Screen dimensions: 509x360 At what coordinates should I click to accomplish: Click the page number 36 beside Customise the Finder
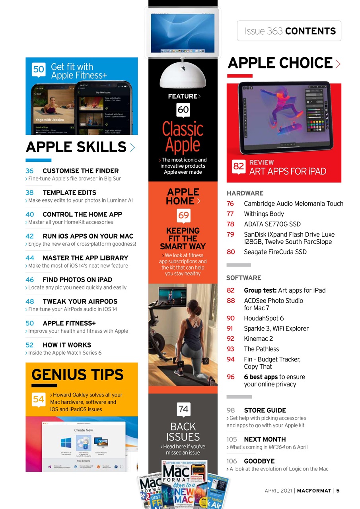(x=29, y=171)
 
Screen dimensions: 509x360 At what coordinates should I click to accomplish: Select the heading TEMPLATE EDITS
(x=69, y=192)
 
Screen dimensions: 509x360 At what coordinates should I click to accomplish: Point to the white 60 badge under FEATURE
(x=183, y=109)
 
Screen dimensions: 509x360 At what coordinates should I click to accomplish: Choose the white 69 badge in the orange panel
(x=183, y=216)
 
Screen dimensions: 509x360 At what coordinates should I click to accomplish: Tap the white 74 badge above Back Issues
(x=183, y=409)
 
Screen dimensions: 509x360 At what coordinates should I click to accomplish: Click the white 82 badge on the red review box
(x=239, y=167)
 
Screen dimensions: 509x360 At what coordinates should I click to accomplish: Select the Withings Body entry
(x=264, y=214)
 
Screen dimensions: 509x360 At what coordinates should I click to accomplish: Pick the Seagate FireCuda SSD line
(x=275, y=252)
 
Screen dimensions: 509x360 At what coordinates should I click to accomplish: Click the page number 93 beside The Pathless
(x=230, y=349)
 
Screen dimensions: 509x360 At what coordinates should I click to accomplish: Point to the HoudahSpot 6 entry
(x=263, y=318)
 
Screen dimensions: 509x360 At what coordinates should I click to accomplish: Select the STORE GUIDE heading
(x=265, y=410)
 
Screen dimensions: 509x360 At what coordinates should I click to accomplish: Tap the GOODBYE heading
(x=259, y=461)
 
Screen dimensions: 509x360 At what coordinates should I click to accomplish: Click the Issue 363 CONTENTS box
(x=289, y=31)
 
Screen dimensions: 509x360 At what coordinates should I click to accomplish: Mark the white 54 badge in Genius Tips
(x=39, y=399)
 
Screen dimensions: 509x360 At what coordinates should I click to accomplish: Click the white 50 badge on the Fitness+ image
(x=39, y=70)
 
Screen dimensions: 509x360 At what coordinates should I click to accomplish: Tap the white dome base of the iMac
(x=183, y=78)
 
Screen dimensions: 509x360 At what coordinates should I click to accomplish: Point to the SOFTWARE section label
(x=244, y=278)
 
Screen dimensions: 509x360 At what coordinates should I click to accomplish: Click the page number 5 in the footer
(x=338, y=490)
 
